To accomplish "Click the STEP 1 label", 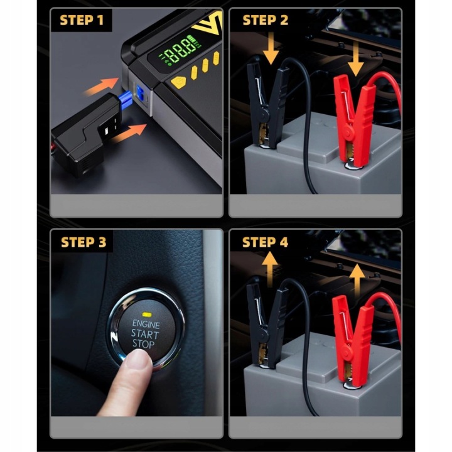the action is point(81,20).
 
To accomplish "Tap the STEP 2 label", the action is point(265,20).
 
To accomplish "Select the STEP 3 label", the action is point(83,242).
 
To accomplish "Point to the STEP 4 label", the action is point(265,242).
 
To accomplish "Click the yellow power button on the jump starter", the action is point(179,82).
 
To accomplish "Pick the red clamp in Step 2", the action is point(353,121).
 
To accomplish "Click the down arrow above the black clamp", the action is point(271,48).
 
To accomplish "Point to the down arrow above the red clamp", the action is point(356,58).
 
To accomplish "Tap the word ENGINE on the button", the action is point(146,324).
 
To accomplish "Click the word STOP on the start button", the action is point(143,343).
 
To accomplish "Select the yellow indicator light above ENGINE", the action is point(147,314).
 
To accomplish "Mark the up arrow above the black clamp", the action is point(270,269).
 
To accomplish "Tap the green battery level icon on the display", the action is point(191,38).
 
